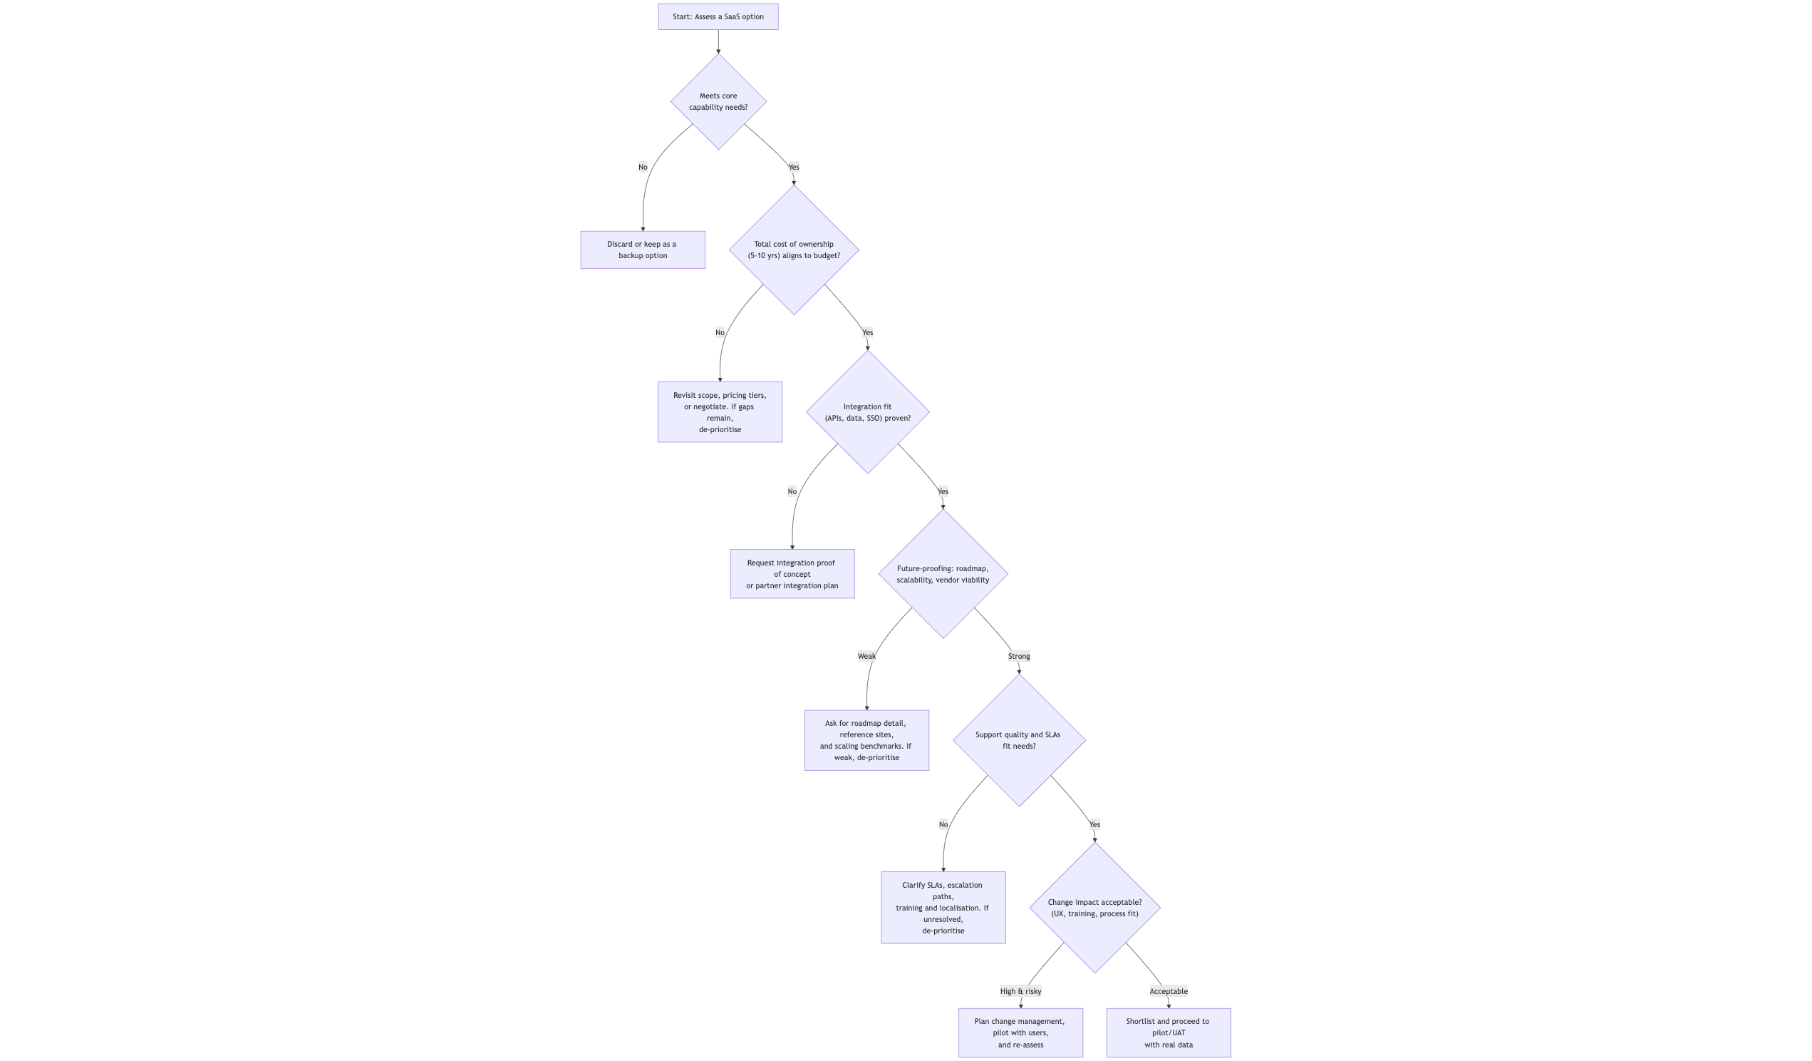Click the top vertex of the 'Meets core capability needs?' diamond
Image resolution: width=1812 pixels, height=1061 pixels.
(718, 54)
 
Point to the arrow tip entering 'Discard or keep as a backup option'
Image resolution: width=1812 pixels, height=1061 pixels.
(643, 231)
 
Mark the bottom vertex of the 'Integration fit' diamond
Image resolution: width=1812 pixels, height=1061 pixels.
(868, 473)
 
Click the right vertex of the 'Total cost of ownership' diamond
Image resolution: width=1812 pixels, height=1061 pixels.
(859, 250)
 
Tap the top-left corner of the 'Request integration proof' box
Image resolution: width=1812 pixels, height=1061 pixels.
(730, 550)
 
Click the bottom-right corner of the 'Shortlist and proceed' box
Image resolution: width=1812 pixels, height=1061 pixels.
(1231, 1057)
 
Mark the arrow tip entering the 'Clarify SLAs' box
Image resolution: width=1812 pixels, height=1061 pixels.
(943, 872)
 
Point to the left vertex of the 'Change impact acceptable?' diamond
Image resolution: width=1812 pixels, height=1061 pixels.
(1030, 908)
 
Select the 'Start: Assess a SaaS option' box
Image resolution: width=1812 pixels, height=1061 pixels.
(718, 16)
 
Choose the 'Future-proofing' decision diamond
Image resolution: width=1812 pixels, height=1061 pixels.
(943, 574)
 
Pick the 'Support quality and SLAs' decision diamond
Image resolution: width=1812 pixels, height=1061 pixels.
(1019, 740)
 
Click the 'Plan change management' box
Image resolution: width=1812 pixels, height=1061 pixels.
(1020, 1033)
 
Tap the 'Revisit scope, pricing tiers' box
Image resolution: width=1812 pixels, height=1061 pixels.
(720, 412)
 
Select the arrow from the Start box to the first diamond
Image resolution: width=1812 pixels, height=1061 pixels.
(718, 42)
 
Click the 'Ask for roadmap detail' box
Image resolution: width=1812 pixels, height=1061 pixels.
(866, 740)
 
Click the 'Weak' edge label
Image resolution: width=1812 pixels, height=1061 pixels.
(866, 656)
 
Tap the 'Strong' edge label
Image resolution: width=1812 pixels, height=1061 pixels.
(1019, 656)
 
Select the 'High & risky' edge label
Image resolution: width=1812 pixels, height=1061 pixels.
(1020, 991)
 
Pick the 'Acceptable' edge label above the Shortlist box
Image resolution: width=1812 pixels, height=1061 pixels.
(1169, 991)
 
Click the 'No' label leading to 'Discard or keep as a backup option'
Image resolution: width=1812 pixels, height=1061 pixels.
(643, 167)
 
